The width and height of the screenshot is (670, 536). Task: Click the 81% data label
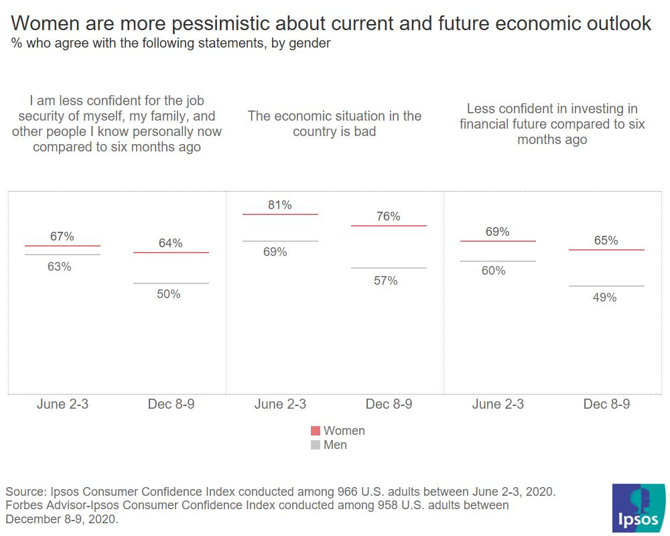(279, 205)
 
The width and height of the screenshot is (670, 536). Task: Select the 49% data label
(604, 297)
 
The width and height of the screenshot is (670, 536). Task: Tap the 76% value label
(388, 216)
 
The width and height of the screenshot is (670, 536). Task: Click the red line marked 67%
(62, 247)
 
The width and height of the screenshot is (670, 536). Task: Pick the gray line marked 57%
(389, 268)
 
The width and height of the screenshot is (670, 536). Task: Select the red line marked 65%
(606, 250)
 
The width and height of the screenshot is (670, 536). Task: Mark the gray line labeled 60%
(498, 261)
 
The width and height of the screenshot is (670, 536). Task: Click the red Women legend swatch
(316, 431)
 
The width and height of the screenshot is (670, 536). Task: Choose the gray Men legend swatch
(316, 445)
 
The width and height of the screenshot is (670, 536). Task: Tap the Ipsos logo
(639, 507)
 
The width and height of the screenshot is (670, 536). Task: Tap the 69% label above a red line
(497, 232)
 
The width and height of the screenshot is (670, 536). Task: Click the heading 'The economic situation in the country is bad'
(334, 123)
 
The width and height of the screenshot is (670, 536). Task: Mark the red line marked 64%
(171, 253)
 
